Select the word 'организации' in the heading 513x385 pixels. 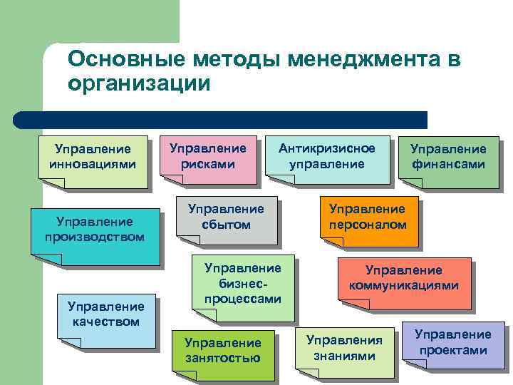click(140, 83)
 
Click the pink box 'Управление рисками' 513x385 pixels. click(207, 158)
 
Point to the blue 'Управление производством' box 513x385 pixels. click(94, 231)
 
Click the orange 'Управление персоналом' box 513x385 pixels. click(367, 218)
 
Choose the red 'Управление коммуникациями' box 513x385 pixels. click(403, 280)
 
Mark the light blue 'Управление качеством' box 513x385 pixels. click(105, 317)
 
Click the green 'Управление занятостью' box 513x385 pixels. click(222, 352)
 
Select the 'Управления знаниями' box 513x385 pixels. click(344, 349)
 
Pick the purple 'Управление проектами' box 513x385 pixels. click(453, 344)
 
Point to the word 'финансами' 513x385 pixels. click(448, 165)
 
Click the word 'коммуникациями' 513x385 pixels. click(403, 286)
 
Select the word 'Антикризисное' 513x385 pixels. click(326, 148)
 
